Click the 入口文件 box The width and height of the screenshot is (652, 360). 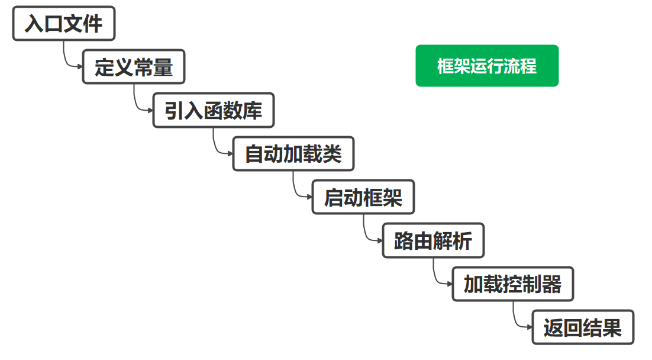coord(64,23)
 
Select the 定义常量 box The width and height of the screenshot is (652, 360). coord(134,66)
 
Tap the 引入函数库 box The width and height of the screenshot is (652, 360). coord(214,110)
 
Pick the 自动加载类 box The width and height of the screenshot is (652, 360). coord(293,153)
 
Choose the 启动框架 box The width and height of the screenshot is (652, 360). coord(363,197)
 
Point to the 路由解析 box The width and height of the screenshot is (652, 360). coord(433,240)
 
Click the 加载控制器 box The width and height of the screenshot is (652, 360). coord(513,284)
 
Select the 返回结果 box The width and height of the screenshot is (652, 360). coord(583,327)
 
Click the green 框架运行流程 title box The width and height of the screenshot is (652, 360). coord(487,66)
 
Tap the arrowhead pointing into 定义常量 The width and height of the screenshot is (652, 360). coord(80,66)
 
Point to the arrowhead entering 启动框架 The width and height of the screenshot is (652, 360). coord(309,197)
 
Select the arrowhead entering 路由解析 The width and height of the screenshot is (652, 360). coord(380,240)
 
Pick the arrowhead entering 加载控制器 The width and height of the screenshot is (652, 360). coord(450,284)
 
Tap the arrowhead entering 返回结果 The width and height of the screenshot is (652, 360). coord(530,327)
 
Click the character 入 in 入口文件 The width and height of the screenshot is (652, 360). coord(34,23)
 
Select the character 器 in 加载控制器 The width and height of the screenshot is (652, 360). coord(552,284)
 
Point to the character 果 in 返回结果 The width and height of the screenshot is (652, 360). coord(612,327)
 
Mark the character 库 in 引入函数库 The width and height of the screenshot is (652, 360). coord(253,110)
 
